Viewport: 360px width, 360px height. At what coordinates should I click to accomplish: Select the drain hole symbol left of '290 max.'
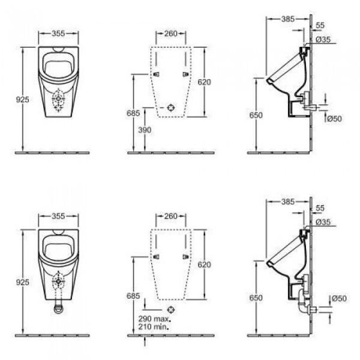(x=172, y=310)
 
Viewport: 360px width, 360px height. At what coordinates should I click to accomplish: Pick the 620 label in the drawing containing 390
(x=205, y=83)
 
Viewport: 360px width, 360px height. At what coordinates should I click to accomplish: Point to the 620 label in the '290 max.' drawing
(x=205, y=264)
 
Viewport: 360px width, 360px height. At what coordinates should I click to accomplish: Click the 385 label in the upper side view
(x=289, y=19)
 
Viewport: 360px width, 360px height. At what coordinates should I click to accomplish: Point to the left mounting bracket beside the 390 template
(x=157, y=74)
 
